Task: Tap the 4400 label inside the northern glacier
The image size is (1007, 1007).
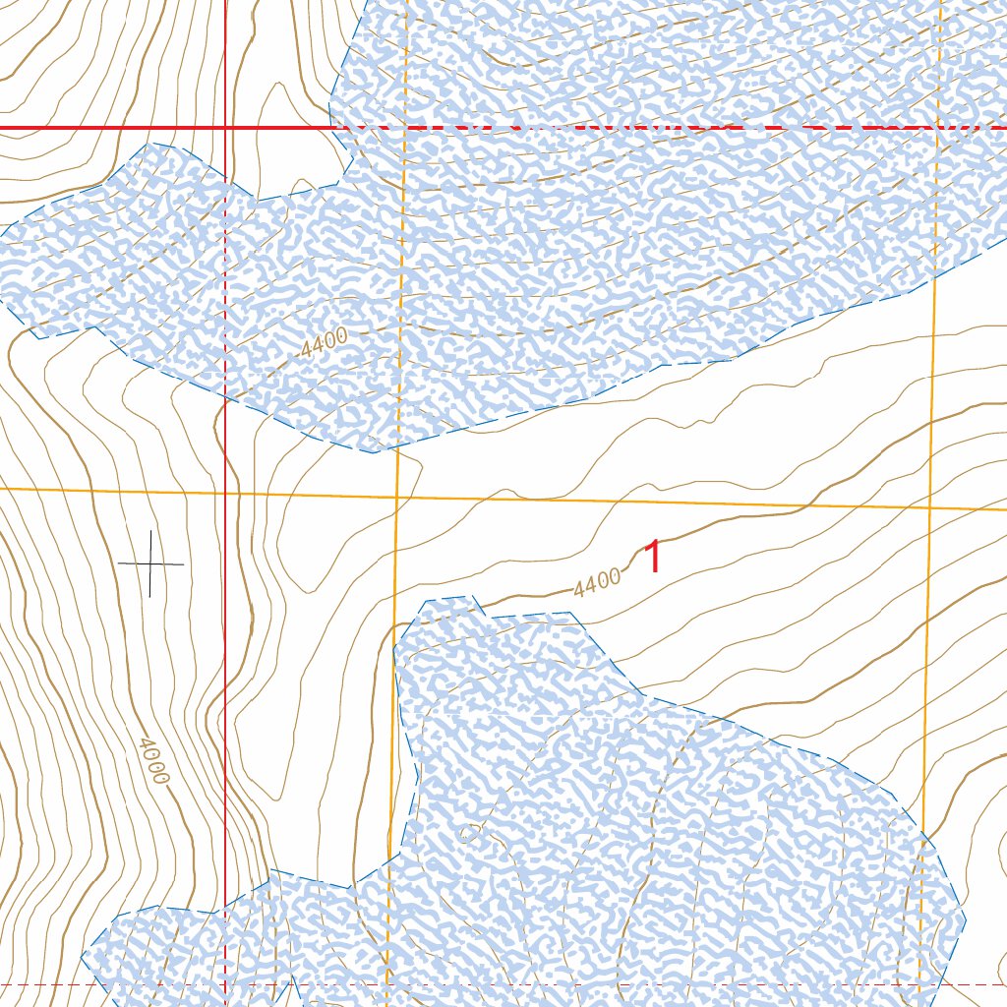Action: click(x=325, y=342)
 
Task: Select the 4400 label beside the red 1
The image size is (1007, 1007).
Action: click(x=597, y=582)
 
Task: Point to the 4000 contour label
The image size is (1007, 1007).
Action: click(x=153, y=760)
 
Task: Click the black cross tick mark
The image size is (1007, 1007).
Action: click(x=150, y=563)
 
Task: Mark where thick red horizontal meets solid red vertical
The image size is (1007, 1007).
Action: click(x=225, y=128)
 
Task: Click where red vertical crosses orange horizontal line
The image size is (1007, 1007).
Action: click(x=225, y=491)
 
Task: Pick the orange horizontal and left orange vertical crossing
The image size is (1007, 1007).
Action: click(x=396, y=497)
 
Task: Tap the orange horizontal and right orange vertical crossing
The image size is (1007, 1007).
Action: click(x=930, y=507)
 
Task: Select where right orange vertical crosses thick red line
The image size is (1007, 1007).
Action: click(x=938, y=128)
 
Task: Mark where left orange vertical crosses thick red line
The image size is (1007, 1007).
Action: click(x=403, y=128)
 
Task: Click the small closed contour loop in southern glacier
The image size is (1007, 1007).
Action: click(x=468, y=835)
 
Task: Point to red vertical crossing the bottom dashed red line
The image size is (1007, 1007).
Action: click(x=225, y=983)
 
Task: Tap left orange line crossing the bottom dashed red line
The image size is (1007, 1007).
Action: click(x=387, y=983)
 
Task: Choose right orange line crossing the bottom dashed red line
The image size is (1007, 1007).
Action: click(x=919, y=983)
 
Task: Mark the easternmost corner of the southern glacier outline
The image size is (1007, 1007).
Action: click(x=966, y=920)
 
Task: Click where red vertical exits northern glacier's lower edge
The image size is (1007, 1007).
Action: click(x=225, y=401)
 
